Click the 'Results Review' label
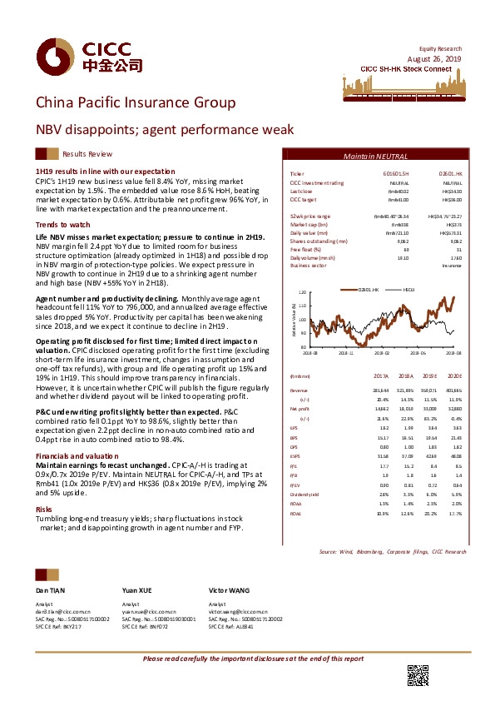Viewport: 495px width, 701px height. (x=87, y=154)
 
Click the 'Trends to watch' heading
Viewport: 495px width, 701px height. (x=57, y=225)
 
